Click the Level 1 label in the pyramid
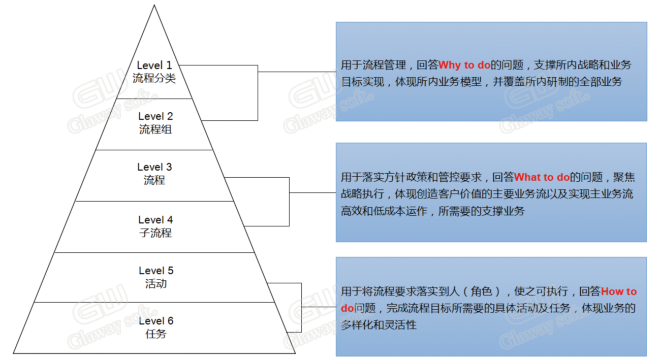[x=154, y=65]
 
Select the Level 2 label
[x=155, y=116]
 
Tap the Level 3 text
[x=154, y=167]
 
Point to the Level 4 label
[x=155, y=220]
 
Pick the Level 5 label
[x=156, y=271]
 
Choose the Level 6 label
[x=156, y=321]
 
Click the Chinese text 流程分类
[x=154, y=78]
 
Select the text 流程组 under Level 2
[x=155, y=129]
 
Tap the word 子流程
[x=155, y=233]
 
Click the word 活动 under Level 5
[x=156, y=284]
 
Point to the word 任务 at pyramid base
[x=156, y=334]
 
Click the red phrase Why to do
[x=464, y=65]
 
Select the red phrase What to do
[x=542, y=177]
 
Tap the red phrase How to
[x=619, y=291]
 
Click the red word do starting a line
[x=348, y=308]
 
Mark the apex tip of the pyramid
[x=154, y=5]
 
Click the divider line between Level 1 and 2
[x=154, y=99]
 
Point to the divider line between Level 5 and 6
[x=154, y=302]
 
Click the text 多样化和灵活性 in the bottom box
[x=379, y=325]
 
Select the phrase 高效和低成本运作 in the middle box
[x=384, y=211]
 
